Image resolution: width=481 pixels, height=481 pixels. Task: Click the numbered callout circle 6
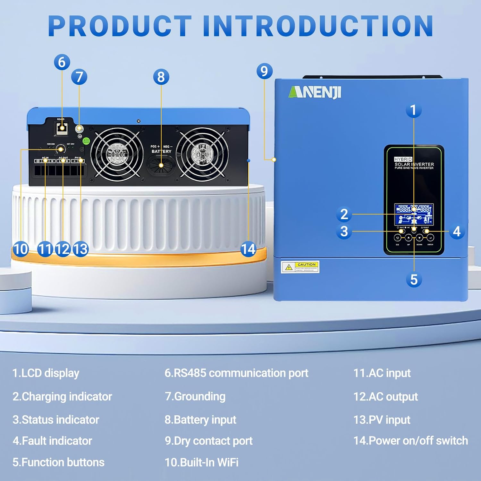[x=62, y=62]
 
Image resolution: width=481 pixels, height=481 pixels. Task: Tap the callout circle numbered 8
[x=161, y=77]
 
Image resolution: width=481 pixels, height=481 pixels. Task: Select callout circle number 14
[x=248, y=249]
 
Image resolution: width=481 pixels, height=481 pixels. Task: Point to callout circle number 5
[x=414, y=280]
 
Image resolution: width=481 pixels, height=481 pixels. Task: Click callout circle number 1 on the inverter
[x=413, y=110]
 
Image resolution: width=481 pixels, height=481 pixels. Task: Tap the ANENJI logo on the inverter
[x=315, y=92]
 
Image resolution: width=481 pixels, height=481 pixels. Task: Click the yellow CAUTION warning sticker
[x=300, y=267]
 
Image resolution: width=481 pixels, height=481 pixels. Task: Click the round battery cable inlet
[x=161, y=165]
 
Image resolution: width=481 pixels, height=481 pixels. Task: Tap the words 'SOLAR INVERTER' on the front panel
[x=414, y=164]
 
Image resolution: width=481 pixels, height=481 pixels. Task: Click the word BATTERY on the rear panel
[x=161, y=151]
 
